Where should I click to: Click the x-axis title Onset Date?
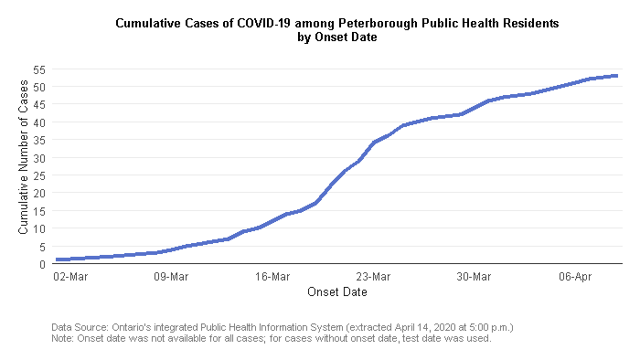point(337,292)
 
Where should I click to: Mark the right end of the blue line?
point(618,76)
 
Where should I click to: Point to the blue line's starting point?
point(57,259)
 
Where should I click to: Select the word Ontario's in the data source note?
point(133,326)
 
